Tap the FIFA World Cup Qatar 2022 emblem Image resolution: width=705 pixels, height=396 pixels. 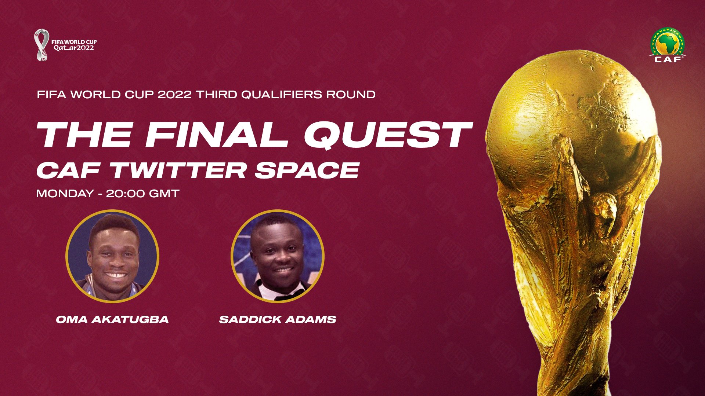click(65, 45)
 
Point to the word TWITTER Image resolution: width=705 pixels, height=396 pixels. click(178, 170)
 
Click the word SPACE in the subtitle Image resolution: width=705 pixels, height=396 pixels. click(307, 170)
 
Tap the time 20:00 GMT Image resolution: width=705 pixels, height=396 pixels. click(142, 194)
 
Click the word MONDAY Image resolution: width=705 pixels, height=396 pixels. click(65, 194)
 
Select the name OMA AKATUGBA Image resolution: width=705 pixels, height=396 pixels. click(112, 319)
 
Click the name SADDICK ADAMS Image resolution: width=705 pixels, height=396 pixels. click(278, 319)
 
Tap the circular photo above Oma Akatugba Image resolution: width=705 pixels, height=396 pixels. click(112, 256)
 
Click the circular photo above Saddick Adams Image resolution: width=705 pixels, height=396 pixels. click(278, 256)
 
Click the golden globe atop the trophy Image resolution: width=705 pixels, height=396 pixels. click(573, 121)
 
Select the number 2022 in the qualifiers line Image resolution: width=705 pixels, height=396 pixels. click(174, 95)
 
